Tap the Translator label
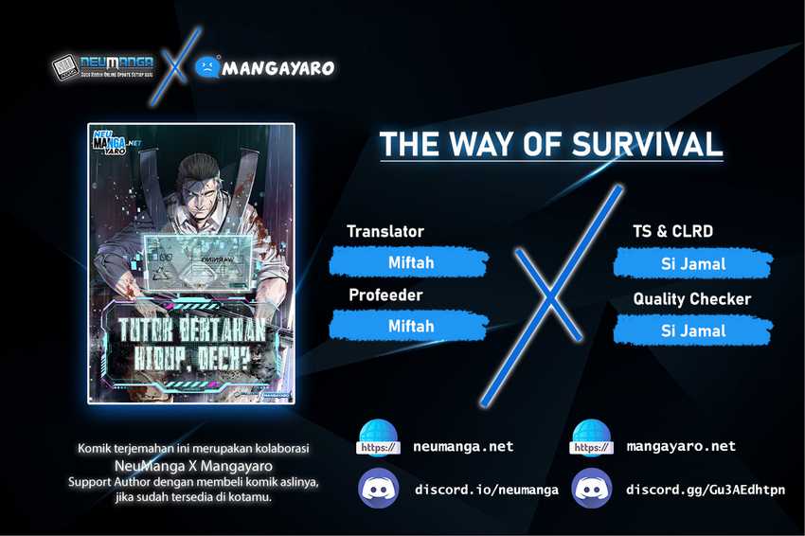[385, 231]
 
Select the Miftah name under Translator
[410, 262]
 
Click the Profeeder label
[385, 295]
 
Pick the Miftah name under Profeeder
[410, 326]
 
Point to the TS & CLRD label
[672, 231]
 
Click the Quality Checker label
[691, 299]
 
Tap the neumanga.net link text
[464, 446]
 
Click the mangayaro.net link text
[681, 446]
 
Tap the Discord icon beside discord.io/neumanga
[378, 490]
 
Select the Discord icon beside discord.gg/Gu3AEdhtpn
[592, 490]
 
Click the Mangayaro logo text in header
[277, 67]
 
